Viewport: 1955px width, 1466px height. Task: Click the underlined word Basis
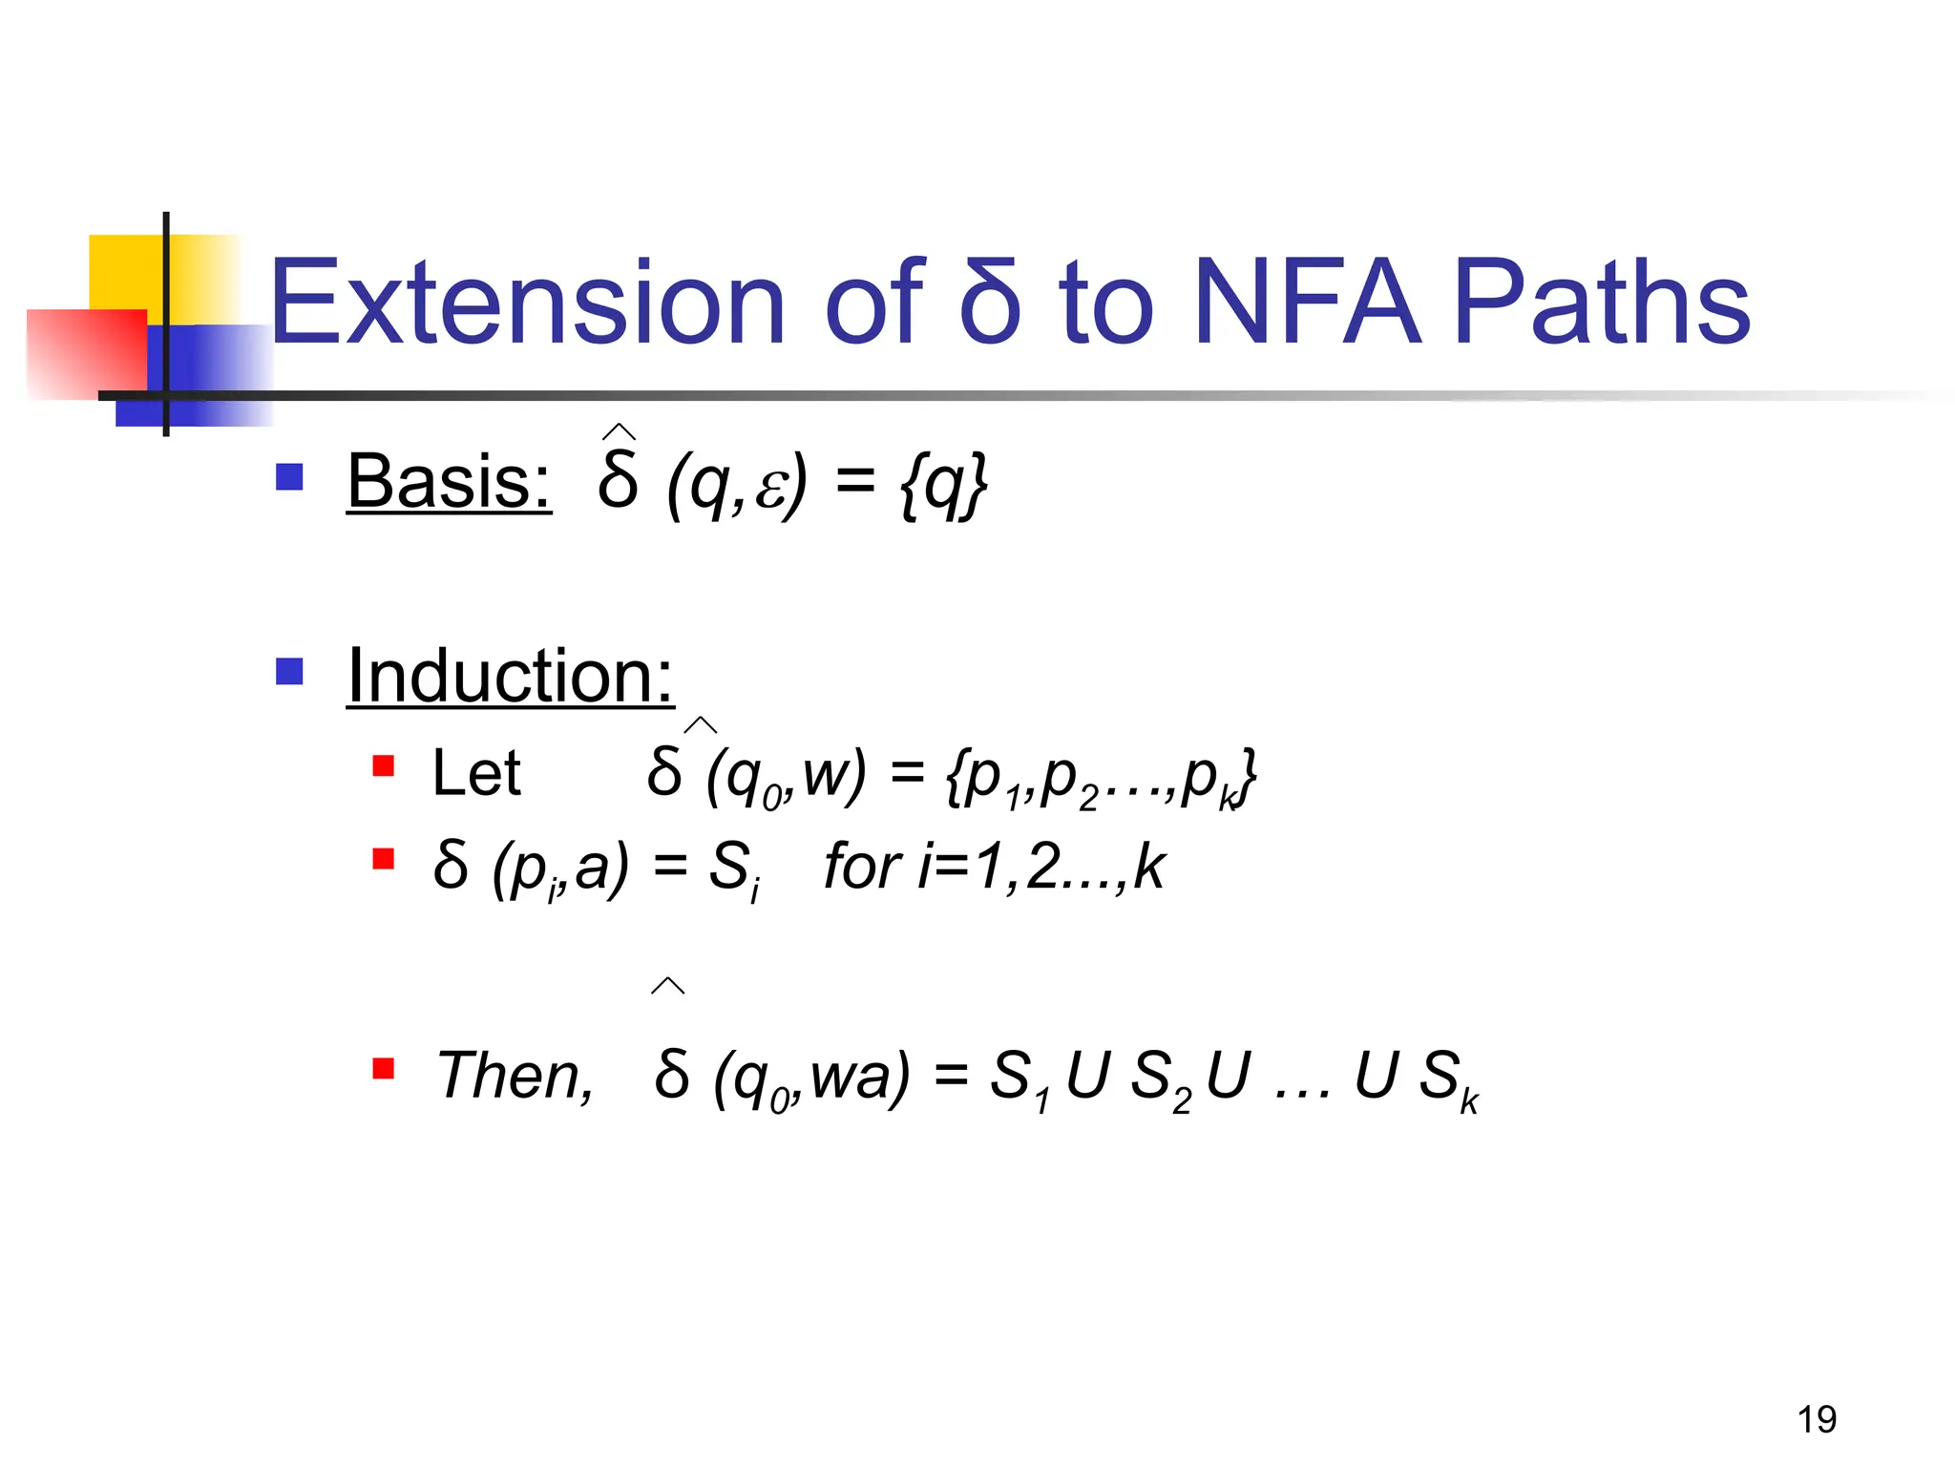click(449, 481)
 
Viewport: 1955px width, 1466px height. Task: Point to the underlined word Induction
click(510, 676)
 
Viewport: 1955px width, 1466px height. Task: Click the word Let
click(475, 772)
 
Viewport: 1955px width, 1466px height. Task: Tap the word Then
click(515, 1076)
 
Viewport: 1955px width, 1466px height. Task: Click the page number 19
click(1817, 1419)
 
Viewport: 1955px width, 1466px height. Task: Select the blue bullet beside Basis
click(289, 476)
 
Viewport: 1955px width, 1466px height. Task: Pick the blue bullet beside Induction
click(289, 671)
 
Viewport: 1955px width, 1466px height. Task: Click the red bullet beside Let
click(384, 766)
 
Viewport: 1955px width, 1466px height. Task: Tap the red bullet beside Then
click(384, 1068)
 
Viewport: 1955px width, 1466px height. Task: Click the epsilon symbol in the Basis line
click(768, 489)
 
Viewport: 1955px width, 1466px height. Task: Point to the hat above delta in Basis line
click(619, 432)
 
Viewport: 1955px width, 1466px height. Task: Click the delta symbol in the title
click(990, 304)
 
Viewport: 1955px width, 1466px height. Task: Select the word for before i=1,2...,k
click(862, 866)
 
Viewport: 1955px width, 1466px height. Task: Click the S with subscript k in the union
click(1447, 1079)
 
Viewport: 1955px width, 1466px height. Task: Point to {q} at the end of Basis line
click(943, 485)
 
